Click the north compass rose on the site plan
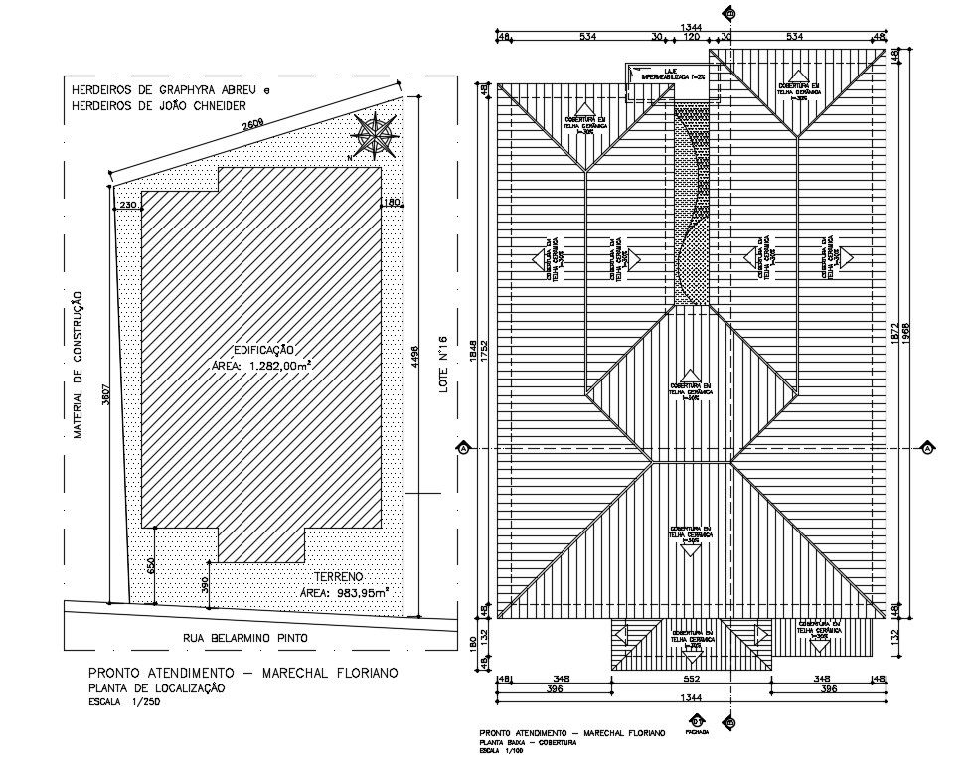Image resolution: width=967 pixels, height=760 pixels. pos(374,137)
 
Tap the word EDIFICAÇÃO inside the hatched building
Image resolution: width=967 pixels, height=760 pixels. pos(263,349)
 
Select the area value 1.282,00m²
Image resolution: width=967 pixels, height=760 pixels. pos(260,366)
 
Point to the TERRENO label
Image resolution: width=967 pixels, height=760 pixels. pos(340,576)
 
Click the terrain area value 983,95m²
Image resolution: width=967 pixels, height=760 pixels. pos(344,593)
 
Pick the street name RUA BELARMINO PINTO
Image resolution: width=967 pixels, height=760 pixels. pos(245,637)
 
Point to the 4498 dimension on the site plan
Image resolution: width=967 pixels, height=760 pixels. pos(414,357)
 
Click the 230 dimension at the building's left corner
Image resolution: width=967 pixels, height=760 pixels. pos(127,204)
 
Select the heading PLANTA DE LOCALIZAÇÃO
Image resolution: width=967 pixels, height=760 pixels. pos(156,688)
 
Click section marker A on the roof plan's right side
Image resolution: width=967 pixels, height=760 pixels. pos(927,448)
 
